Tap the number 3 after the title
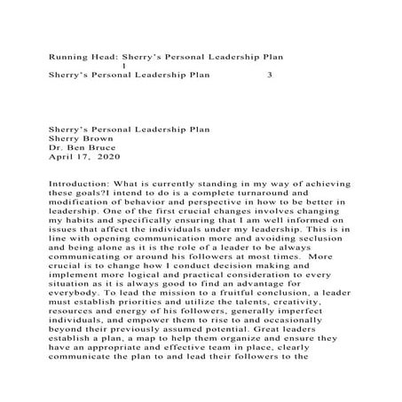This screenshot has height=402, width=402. pos(270,75)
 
